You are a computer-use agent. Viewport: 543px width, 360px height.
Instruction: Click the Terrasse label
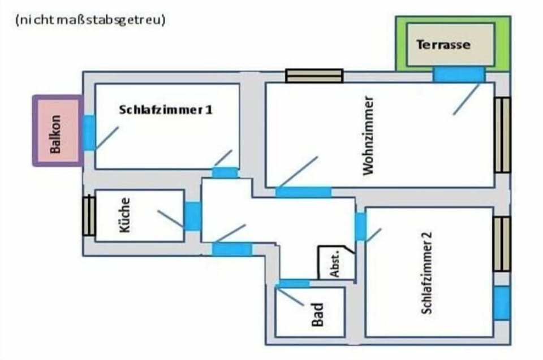443,45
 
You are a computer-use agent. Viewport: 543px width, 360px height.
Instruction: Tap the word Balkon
55,134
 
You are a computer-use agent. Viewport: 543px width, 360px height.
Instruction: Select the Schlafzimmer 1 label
166,110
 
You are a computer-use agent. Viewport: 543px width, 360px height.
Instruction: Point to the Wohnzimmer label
368,135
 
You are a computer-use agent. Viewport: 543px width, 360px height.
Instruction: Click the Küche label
124,215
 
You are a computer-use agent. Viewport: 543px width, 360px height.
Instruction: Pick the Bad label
317,314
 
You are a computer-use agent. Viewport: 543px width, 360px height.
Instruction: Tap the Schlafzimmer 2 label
426,273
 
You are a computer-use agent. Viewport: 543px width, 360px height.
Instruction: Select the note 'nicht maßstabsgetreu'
90,20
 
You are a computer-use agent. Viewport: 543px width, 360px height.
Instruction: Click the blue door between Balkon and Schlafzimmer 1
89,133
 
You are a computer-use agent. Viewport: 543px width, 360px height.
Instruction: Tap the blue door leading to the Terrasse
459,74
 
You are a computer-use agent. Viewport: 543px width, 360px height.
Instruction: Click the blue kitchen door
192,216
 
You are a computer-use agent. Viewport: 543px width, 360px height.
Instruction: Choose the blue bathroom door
294,284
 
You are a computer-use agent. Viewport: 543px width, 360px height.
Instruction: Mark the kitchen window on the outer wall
89,215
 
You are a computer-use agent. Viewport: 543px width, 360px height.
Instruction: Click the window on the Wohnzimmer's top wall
314,76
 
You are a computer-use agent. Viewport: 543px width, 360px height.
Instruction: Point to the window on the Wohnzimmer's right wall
502,135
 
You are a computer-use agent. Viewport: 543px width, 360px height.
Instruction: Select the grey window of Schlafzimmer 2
502,244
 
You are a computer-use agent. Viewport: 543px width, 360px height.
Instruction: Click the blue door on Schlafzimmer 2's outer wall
502,303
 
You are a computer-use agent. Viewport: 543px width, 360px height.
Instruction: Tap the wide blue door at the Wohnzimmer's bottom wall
303,192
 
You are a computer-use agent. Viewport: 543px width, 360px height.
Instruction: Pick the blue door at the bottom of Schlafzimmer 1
225,172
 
